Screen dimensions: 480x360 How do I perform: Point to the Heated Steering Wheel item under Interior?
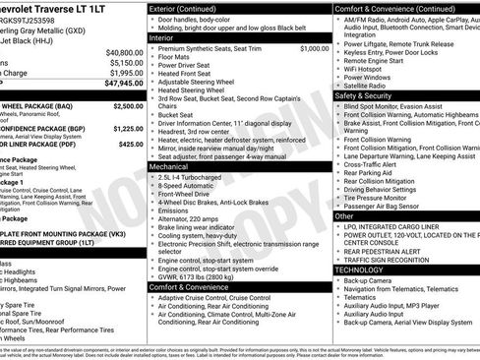pyautogui.click(x=199, y=90)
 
